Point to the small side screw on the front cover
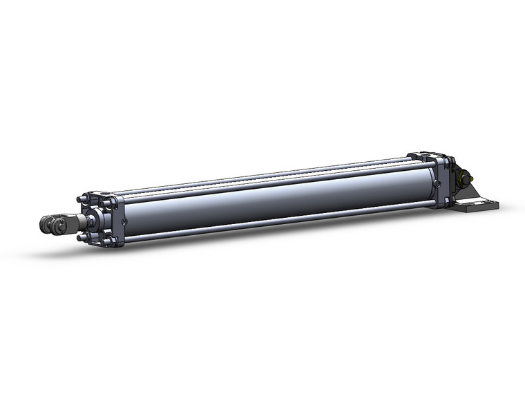pyautogui.click(x=124, y=222)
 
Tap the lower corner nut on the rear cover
pyautogui.click(x=447, y=201)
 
